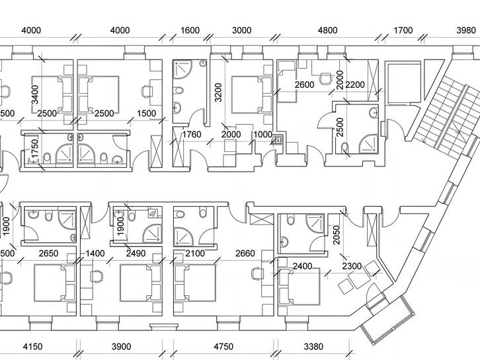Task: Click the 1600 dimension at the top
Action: coord(190,30)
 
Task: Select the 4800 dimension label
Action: coord(327,30)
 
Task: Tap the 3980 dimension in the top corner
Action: coord(466,30)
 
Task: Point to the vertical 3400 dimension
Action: coord(35,94)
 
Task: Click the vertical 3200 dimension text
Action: coord(218,92)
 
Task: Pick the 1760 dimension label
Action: coord(192,134)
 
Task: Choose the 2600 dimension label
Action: coord(304,85)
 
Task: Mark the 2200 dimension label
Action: coord(355,85)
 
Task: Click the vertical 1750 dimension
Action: coord(35,149)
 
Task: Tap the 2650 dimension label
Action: coord(48,253)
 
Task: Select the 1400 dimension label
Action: coord(95,253)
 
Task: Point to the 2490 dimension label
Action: coord(136,253)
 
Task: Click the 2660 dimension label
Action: coord(245,253)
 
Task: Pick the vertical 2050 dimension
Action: coord(337,235)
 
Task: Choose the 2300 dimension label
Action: coord(352,266)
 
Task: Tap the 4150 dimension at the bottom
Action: coord(33,347)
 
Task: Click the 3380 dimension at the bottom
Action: coord(313,347)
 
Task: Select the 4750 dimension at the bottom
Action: coord(223,347)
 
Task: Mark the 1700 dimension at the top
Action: coord(403,30)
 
